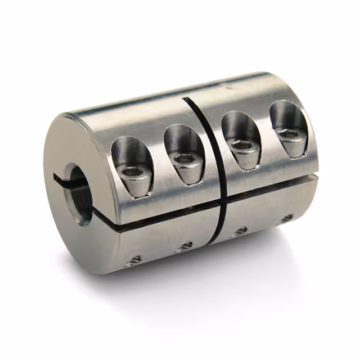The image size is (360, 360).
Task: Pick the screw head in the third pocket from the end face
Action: tap(244, 147)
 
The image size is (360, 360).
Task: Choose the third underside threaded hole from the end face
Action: tap(241, 231)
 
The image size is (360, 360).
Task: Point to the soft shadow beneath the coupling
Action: tap(225, 270)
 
